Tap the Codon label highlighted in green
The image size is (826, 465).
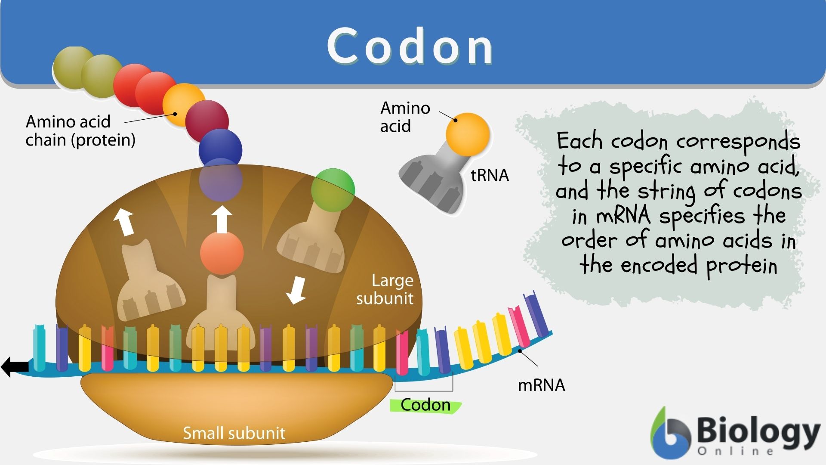[x=425, y=405]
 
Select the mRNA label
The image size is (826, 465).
[x=541, y=385]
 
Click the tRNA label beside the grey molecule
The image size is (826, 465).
[x=490, y=175]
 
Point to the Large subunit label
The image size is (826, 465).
[x=385, y=289]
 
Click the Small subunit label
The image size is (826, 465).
[x=234, y=433]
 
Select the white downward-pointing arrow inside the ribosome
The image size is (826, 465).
[x=296, y=290]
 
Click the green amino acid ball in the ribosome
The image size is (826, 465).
[x=333, y=190]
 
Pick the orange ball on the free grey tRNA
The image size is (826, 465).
[x=468, y=134]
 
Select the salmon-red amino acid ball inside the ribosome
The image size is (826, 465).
[x=222, y=253]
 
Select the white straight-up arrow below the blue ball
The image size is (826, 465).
[x=222, y=220]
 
